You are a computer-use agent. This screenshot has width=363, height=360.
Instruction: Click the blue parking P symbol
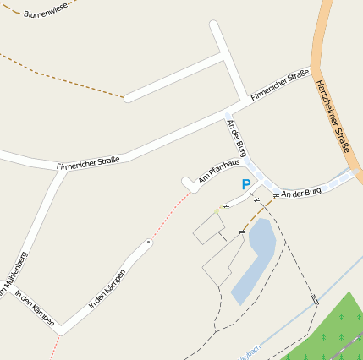click(x=246, y=184)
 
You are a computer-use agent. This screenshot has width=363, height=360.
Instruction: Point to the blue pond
click(x=254, y=258)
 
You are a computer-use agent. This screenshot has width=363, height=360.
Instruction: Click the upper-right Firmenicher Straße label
click(x=279, y=86)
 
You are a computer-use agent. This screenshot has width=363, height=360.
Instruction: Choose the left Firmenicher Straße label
click(x=88, y=161)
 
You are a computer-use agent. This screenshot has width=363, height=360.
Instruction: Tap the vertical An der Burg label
click(x=237, y=137)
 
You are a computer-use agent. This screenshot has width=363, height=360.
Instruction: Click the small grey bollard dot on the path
click(x=149, y=243)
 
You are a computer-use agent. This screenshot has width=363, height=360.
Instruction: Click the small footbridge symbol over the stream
click(x=315, y=299)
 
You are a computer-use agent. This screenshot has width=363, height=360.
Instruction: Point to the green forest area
click(x=334, y=334)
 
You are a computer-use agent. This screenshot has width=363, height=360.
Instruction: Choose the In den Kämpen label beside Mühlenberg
click(x=35, y=308)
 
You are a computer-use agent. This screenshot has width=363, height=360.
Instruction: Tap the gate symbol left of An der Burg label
click(x=276, y=196)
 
